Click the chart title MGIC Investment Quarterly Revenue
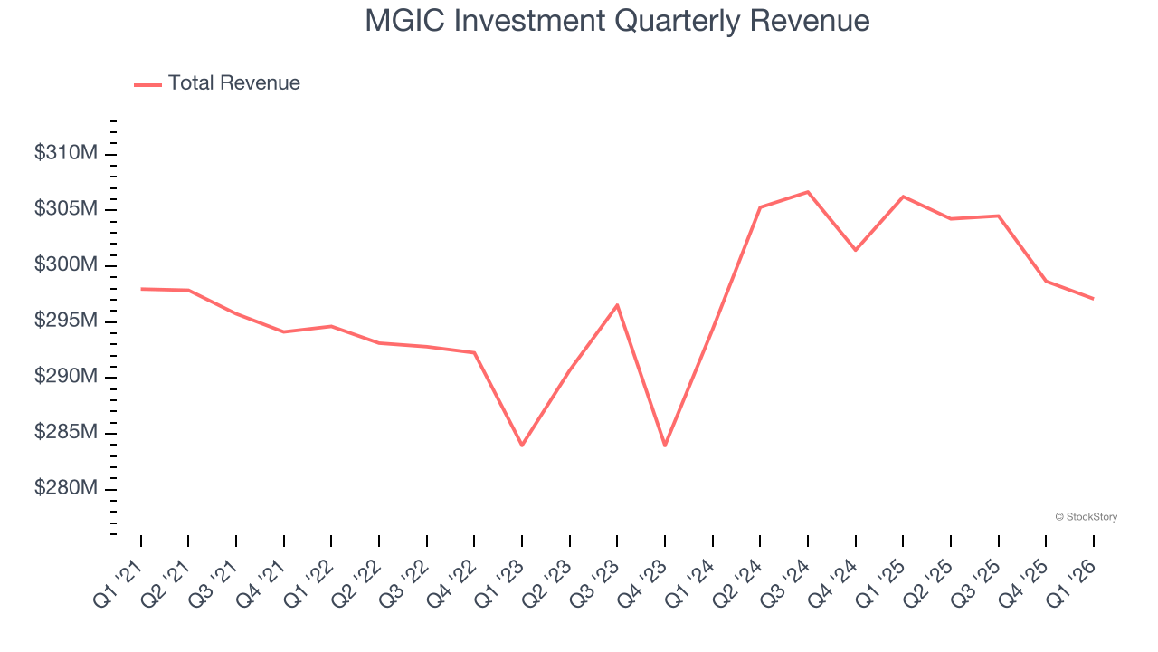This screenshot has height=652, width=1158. point(617,21)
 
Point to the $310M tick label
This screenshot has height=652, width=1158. point(65,154)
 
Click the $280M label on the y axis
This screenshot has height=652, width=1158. point(65,489)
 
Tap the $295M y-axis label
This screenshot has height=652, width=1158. point(65,321)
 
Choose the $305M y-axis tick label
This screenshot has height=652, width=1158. point(65,210)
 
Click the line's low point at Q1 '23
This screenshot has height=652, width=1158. point(522,446)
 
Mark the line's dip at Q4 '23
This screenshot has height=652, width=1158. point(665,446)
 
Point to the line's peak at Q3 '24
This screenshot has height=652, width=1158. point(808,192)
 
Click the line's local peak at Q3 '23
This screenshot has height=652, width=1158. point(617,305)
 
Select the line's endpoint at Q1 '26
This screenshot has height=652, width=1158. point(1093,299)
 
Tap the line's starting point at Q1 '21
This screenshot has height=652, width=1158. point(141,289)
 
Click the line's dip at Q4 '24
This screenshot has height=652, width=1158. point(855,250)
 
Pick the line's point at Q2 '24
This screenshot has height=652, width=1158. point(760,207)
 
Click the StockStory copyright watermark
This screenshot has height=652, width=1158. point(1086,517)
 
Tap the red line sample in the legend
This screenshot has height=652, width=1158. point(147,84)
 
